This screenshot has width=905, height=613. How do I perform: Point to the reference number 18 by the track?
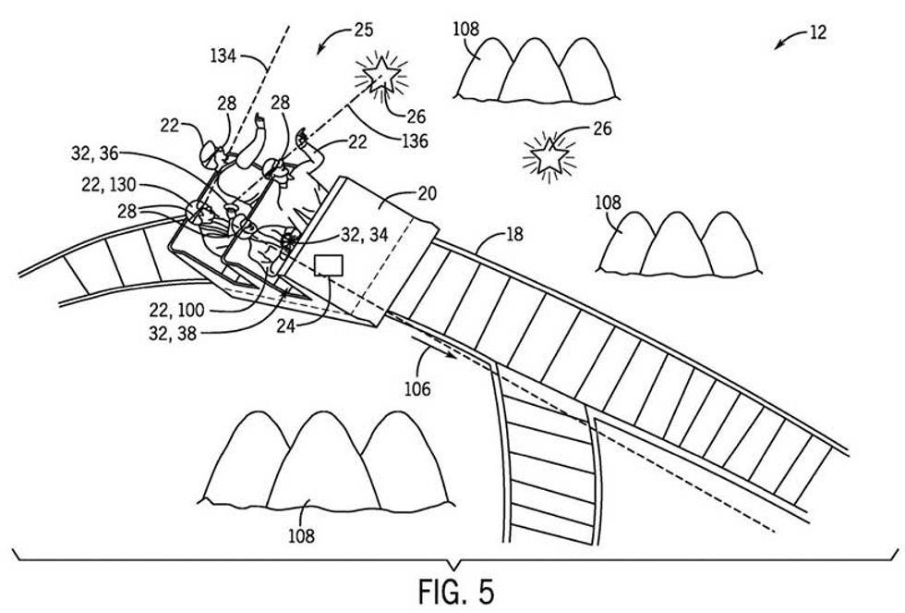click(x=515, y=235)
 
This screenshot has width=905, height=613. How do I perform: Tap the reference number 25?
click(x=363, y=31)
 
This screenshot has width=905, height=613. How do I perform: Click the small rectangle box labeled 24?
click(x=329, y=266)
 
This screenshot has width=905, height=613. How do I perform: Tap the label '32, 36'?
click(x=99, y=152)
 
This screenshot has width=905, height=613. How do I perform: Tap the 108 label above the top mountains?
click(x=466, y=28)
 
